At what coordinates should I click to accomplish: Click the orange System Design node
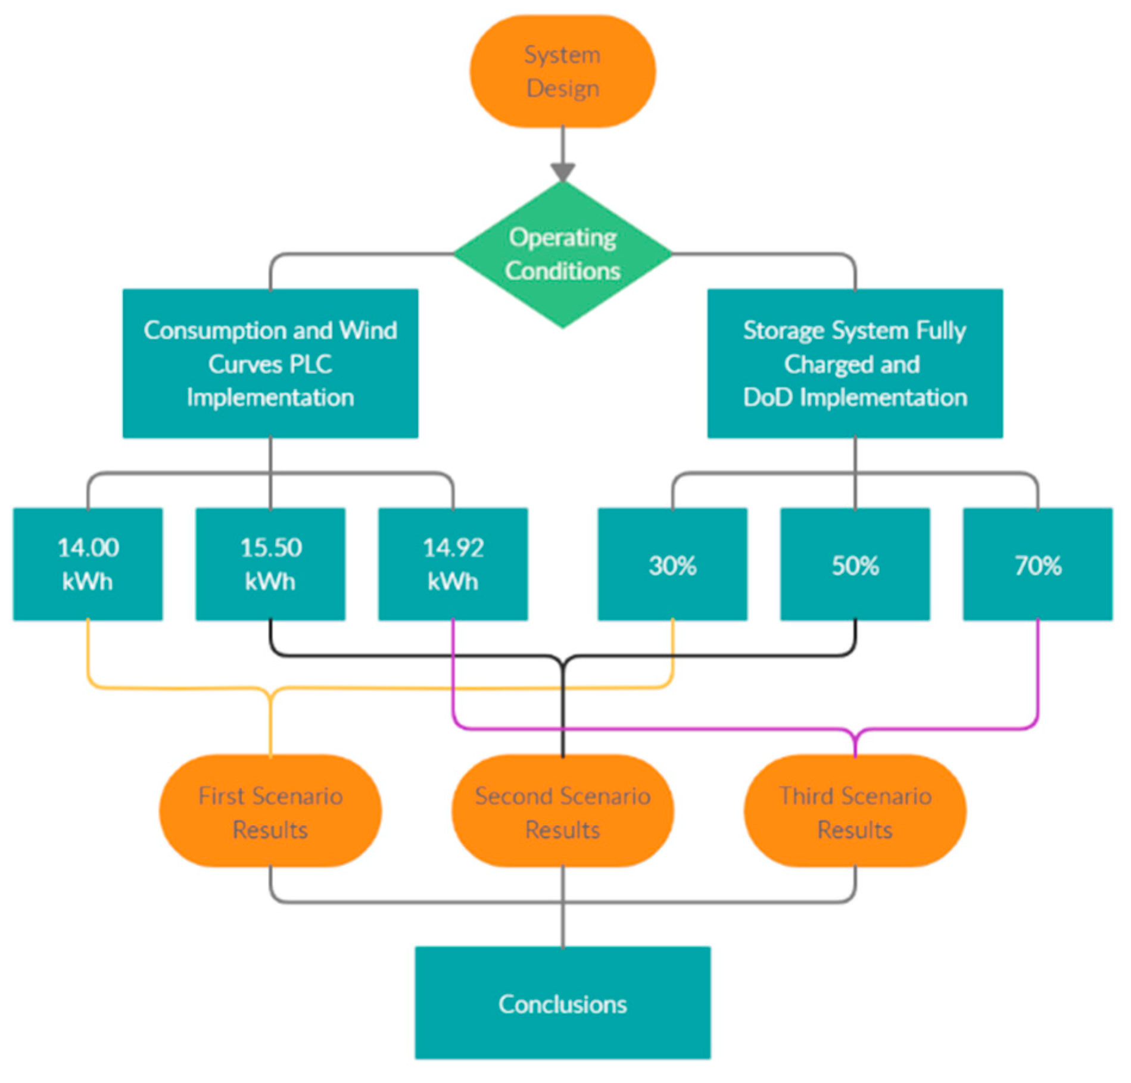pyautogui.click(x=562, y=71)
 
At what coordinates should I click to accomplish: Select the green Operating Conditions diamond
pyautogui.click(x=562, y=254)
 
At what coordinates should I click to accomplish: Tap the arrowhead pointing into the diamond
pyautogui.click(x=562, y=172)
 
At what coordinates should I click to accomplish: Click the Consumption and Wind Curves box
pyautogui.click(x=270, y=363)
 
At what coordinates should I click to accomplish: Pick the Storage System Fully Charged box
pyautogui.click(x=855, y=363)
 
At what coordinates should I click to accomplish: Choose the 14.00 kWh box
pyautogui.click(x=88, y=564)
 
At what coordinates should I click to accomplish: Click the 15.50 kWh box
pyautogui.click(x=270, y=564)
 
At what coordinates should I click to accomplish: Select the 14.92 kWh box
pyautogui.click(x=453, y=564)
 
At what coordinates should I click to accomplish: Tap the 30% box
pyautogui.click(x=672, y=564)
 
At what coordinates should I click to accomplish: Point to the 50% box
pyautogui.click(x=855, y=564)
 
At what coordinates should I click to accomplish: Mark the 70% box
pyautogui.click(x=1037, y=564)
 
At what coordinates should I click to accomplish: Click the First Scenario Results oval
pyautogui.click(x=270, y=811)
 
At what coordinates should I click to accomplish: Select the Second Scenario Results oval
pyautogui.click(x=562, y=811)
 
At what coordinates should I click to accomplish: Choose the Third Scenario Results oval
pyautogui.click(x=855, y=811)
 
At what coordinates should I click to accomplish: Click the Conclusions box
pyautogui.click(x=562, y=1003)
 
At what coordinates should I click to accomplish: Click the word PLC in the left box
pyautogui.click(x=312, y=364)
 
